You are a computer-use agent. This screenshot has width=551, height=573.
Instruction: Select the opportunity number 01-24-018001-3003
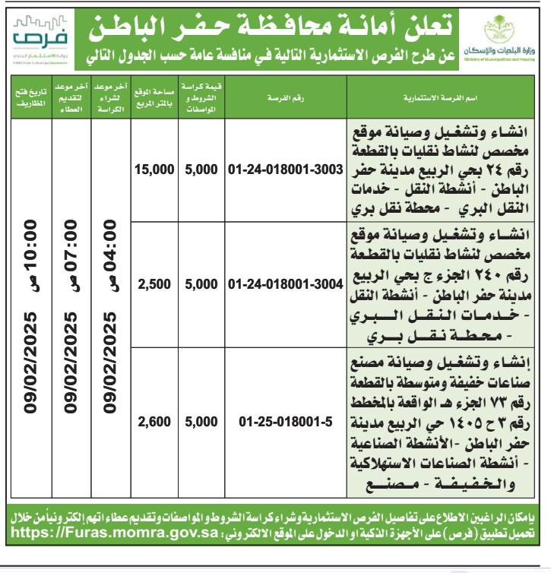click(x=286, y=171)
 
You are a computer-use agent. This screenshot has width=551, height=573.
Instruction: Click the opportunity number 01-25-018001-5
click(x=286, y=421)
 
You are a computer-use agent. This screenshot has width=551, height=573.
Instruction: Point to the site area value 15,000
click(x=154, y=171)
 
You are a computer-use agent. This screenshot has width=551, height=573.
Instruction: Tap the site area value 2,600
click(x=154, y=421)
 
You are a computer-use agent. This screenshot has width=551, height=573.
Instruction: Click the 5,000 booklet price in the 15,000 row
click(x=201, y=171)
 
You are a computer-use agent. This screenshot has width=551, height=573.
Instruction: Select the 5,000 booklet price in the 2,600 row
click(x=201, y=421)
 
